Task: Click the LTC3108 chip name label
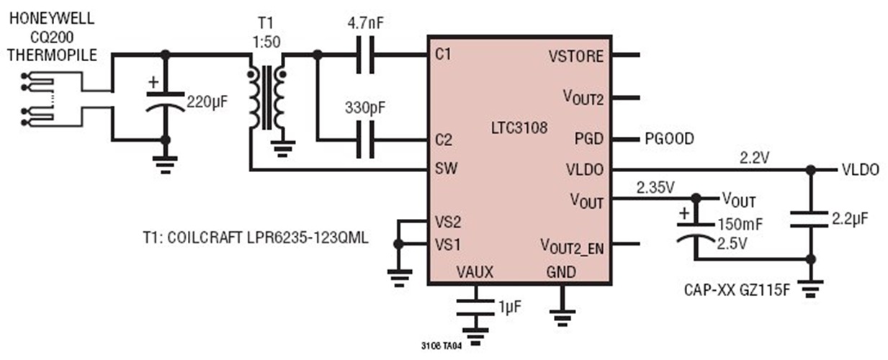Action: point(517,129)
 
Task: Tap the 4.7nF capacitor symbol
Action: point(367,55)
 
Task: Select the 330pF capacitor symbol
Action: point(367,139)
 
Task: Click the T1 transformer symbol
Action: point(266,97)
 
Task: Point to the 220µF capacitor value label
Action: point(207,102)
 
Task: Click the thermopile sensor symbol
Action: point(50,100)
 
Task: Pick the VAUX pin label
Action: point(475,273)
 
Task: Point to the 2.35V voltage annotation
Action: point(655,188)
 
